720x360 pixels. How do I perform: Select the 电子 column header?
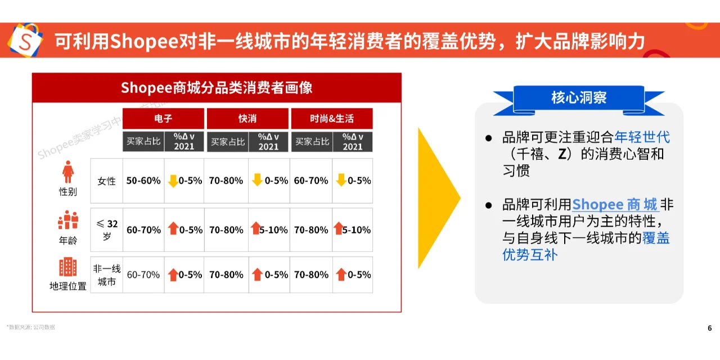[x=163, y=119]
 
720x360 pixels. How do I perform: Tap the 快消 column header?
[x=247, y=119]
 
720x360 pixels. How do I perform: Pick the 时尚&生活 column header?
[x=332, y=119]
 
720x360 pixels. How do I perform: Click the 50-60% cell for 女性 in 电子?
[x=143, y=181]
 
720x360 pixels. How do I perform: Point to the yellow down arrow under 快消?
[x=257, y=181]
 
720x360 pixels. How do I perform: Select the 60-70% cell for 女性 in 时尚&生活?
[x=311, y=181]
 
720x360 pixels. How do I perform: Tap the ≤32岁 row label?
[x=106, y=229]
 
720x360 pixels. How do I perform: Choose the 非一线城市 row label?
[x=106, y=274]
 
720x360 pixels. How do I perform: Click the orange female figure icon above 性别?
[x=68, y=172]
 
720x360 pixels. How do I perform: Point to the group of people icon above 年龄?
[x=68, y=220]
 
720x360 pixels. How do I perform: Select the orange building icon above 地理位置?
[x=68, y=267]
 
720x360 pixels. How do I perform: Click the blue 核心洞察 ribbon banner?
[x=579, y=98]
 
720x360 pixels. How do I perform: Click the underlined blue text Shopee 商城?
[x=615, y=204]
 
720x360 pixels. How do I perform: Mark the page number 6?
[x=709, y=328]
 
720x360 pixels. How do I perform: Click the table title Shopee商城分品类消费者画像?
[x=217, y=88]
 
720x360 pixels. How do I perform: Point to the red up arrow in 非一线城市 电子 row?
[x=173, y=274]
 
